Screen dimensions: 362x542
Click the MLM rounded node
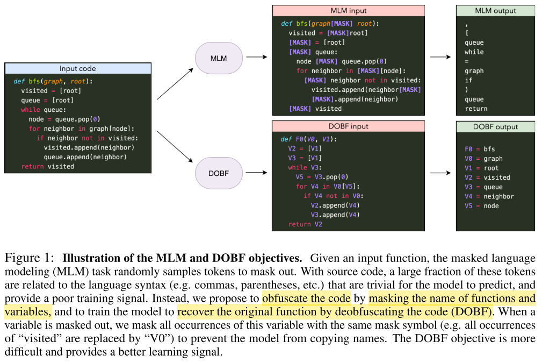coord(219,58)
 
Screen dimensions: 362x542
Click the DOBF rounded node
coord(219,173)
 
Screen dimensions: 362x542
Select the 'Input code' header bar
coord(78,69)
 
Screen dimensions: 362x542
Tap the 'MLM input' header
coord(348,11)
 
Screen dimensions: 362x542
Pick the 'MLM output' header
coord(495,11)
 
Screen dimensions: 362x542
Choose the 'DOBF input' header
coord(348,126)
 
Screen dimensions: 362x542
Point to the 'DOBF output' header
coord(495,127)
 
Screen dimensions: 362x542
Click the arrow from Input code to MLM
coord(176,83)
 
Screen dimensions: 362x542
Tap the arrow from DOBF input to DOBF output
coord(440,173)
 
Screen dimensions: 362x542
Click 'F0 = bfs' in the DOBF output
coord(480,149)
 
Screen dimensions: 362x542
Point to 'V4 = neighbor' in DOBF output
coord(489,196)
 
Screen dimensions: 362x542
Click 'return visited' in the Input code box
coord(47,167)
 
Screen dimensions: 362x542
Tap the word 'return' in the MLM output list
coord(476,109)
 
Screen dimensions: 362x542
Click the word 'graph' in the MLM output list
coord(474,71)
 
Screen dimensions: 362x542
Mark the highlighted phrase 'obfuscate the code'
coord(306,298)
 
